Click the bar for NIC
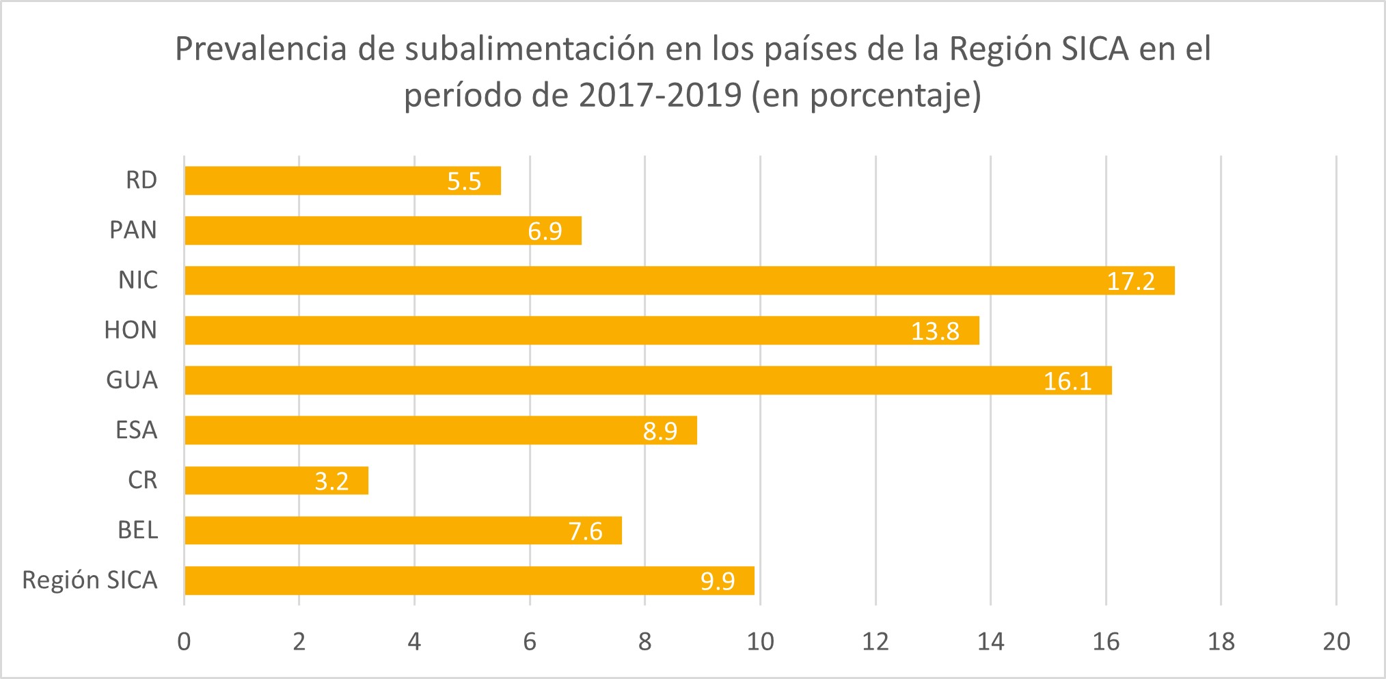pyautogui.click(x=679, y=280)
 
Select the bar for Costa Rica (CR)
pyautogui.click(x=276, y=480)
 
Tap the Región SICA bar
pyautogui.click(x=469, y=581)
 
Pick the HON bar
pyautogui.click(x=581, y=330)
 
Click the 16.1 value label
pyautogui.click(x=1067, y=381)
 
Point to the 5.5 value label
pyautogui.click(x=464, y=181)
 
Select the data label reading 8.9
pyautogui.click(x=660, y=431)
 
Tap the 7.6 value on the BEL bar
pyautogui.click(x=585, y=531)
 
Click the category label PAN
pyautogui.click(x=133, y=230)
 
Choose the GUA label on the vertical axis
pyautogui.click(x=132, y=380)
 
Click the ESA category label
pyautogui.click(x=136, y=430)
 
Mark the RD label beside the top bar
pyautogui.click(x=141, y=181)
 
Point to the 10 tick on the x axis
pyautogui.click(x=760, y=641)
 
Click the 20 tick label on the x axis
pyautogui.click(x=1336, y=641)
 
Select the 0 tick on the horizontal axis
pyautogui.click(x=184, y=641)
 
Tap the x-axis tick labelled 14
pyautogui.click(x=990, y=641)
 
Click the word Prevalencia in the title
pyautogui.click(x=261, y=49)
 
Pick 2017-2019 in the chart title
pyautogui.click(x=660, y=95)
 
